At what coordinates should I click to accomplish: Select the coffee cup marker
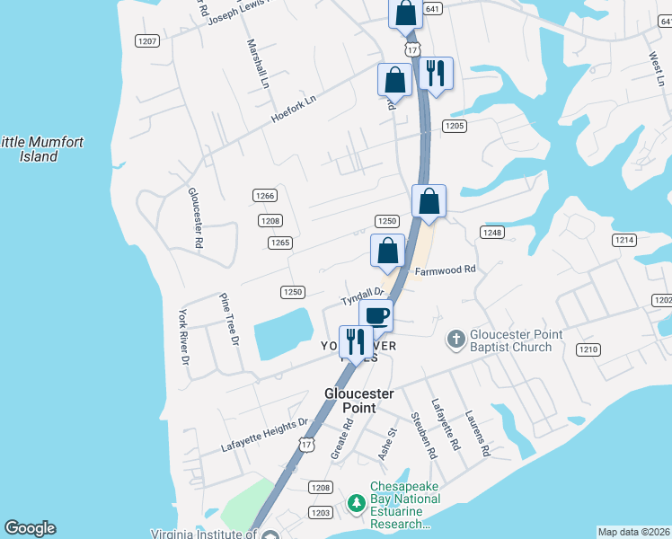tap(376, 315)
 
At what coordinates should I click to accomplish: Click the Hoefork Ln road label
tap(295, 111)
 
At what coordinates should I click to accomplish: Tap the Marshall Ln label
tap(257, 63)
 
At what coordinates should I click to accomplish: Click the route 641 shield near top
tap(433, 8)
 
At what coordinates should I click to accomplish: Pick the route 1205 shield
tap(454, 126)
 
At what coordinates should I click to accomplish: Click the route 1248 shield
tap(491, 233)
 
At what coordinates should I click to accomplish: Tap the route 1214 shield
tap(624, 240)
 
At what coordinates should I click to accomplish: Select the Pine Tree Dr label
tap(230, 319)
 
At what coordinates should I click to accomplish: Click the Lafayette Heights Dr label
tap(265, 434)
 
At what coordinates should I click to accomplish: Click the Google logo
tap(30, 528)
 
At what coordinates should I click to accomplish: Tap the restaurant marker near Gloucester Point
tap(356, 342)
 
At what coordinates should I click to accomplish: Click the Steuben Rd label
tap(423, 437)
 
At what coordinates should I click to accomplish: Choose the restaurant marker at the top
tap(437, 74)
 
